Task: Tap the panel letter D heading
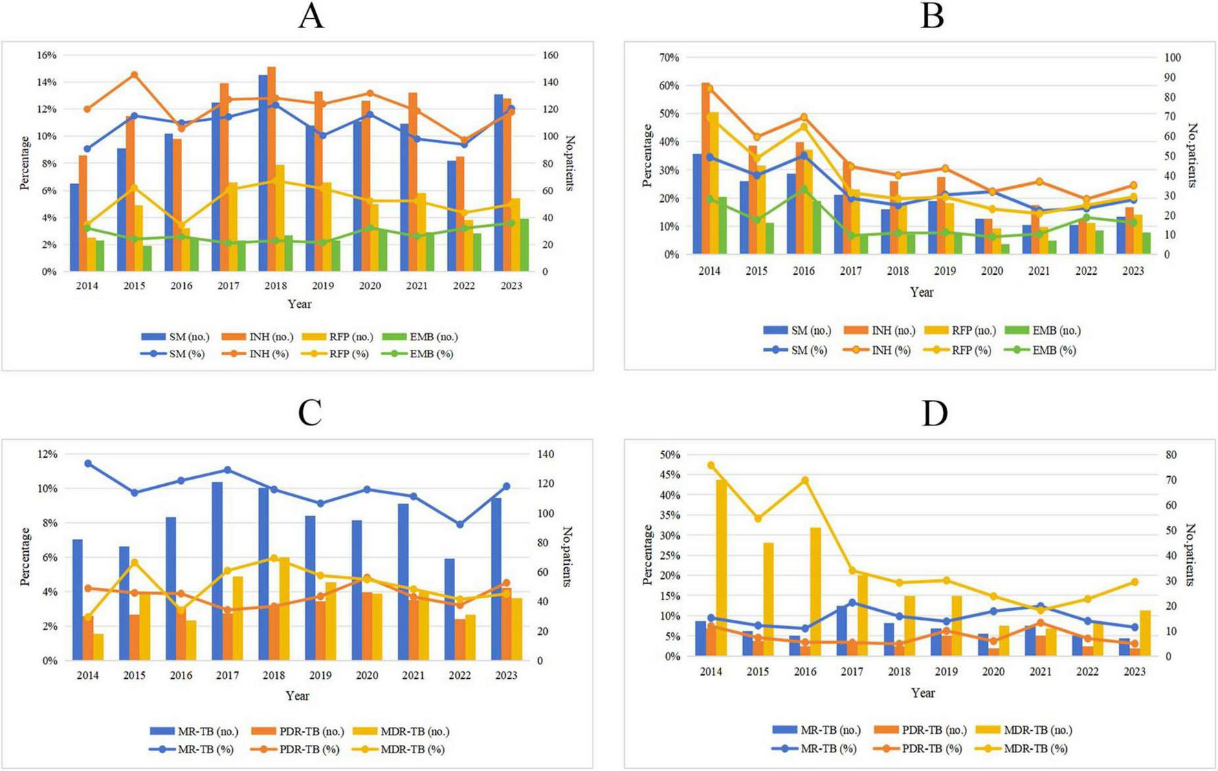(x=934, y=414)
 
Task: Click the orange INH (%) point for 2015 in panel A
(x=135, y=76)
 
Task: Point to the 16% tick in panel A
(x=46, y=55)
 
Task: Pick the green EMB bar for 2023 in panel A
(x=524, y=245)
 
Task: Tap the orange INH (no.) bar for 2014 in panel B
(x=706, y=168)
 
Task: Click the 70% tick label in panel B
(x=669, y=58)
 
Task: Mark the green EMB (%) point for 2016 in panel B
(x=804, y=189)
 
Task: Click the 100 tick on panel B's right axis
(x=1173, y=58)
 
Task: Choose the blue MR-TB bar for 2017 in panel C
(x=217, y=571)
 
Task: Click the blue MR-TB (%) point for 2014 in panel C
(x=88, y=464)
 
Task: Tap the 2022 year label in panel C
(x=460, y=675)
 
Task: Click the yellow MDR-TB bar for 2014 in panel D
(x=722, y=568)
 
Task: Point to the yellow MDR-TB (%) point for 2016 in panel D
(x=805, y=480)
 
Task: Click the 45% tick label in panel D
(x=669, y=475)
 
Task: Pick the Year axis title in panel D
(x=922, y=693)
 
